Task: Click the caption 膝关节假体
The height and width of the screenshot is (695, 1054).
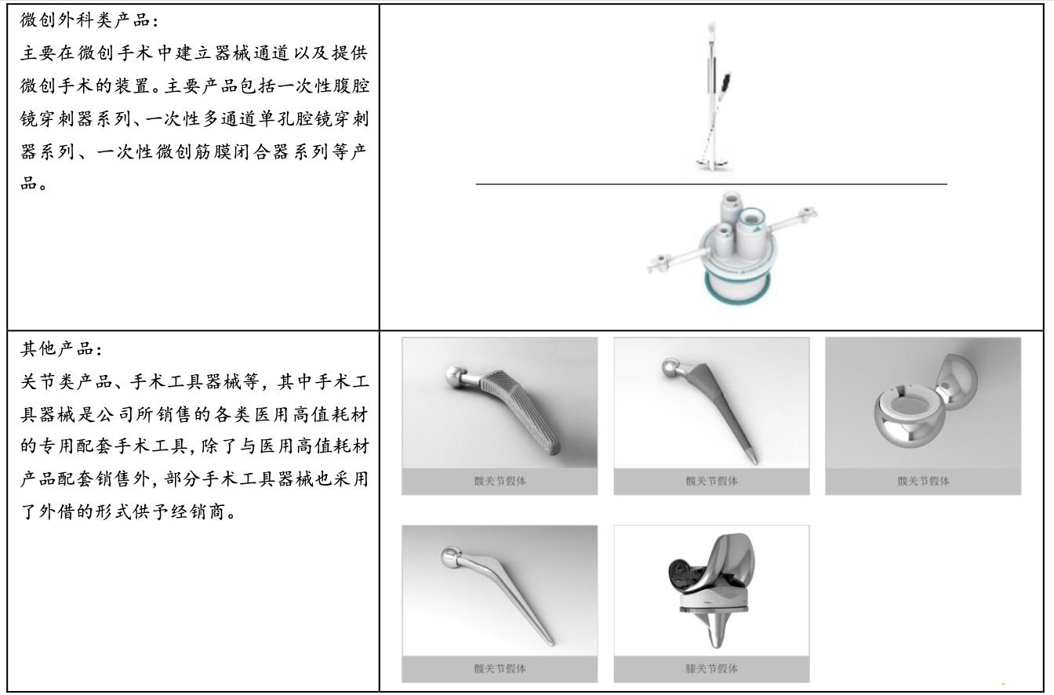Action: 711,668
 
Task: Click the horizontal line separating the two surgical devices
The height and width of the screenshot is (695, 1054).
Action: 711,184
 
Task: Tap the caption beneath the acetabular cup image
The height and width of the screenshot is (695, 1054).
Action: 923,481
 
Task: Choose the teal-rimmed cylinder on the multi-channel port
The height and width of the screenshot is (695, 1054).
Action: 751,233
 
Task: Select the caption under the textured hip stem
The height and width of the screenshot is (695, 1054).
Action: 500,481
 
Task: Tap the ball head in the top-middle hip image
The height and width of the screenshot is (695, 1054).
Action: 671,368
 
